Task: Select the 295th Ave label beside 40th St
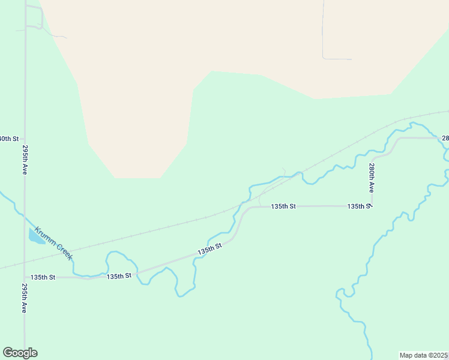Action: [25, 160]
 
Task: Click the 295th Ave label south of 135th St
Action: [25, 298]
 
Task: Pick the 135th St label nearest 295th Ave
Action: [43, 277]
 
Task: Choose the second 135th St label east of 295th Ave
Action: [119, 276]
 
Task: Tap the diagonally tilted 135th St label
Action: [210, 248]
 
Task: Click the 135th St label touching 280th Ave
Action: [359, 206]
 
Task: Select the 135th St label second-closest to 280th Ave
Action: [283, 206]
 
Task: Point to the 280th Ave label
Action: [372, 178]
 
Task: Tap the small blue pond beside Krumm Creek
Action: [35, 236]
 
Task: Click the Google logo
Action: [20, 353]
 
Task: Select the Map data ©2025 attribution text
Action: [423, 355]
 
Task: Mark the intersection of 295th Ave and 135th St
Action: [25, 278]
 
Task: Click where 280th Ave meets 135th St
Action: [372, 206]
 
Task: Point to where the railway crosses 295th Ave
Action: [25, 262]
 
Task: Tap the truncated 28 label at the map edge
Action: [445, 138]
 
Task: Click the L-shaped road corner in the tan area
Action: [324, 58]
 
